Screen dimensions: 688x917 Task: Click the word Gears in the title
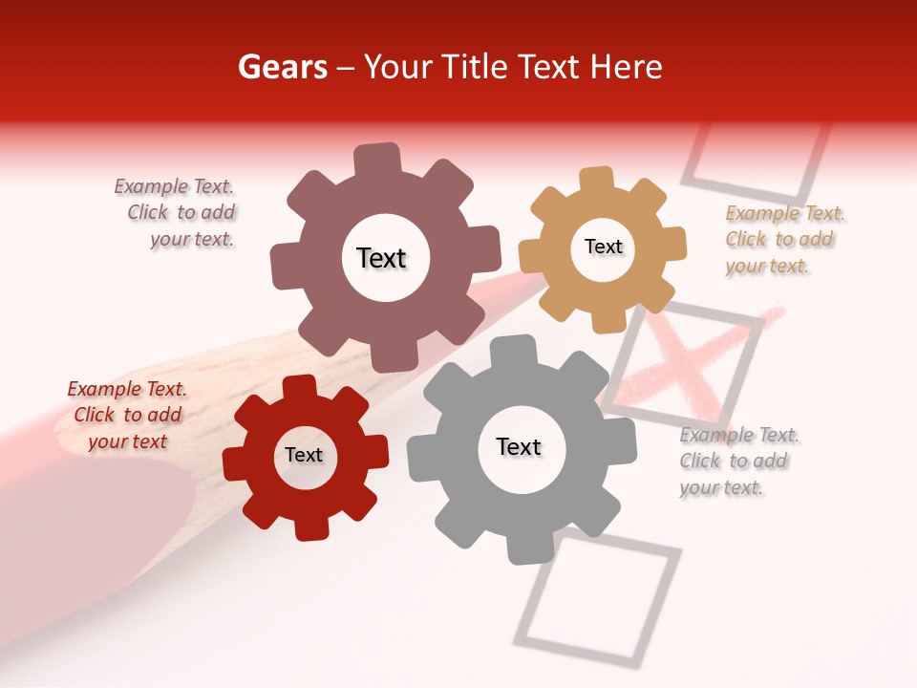click(282, 67)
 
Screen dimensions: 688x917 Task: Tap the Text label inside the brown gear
click(381, 258)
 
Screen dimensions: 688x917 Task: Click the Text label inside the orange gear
click(603, 247)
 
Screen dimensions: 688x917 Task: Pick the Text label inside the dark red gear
click(304, 455)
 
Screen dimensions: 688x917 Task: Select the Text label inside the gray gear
click(519, 446)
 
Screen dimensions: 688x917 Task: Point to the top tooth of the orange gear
click(597, 181)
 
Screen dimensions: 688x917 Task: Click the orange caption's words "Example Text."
click(784, 213)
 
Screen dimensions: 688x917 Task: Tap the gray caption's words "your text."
click(721, 487)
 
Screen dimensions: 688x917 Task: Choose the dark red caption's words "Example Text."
click(127, 389)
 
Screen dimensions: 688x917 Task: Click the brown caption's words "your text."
click(191, 239)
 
